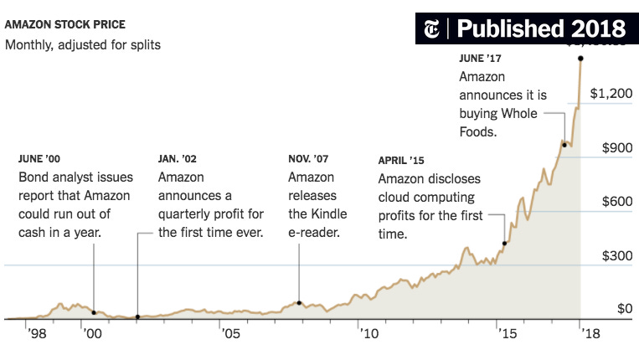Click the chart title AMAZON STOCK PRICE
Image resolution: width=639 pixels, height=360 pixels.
[x=65, y=24]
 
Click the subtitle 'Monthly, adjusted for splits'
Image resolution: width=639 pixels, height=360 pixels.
[x=82, y=44]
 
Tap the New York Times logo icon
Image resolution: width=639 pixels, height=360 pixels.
[x=433, y=28]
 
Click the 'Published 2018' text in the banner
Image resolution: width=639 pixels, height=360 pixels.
[x=541, y=28]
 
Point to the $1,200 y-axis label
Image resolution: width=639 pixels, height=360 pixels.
[x=611, y=94]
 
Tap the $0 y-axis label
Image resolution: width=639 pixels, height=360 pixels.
[x=624, y=310]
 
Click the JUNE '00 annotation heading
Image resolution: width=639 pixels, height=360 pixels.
[x=39, y=158]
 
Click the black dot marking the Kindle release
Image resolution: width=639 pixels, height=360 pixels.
[x=299, y=302]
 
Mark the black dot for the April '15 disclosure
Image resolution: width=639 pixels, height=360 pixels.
[x=504, y=244]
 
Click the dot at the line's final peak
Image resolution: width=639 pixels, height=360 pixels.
[x=581, y=58]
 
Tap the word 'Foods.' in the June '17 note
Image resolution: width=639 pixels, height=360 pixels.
[x=479, y=132]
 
